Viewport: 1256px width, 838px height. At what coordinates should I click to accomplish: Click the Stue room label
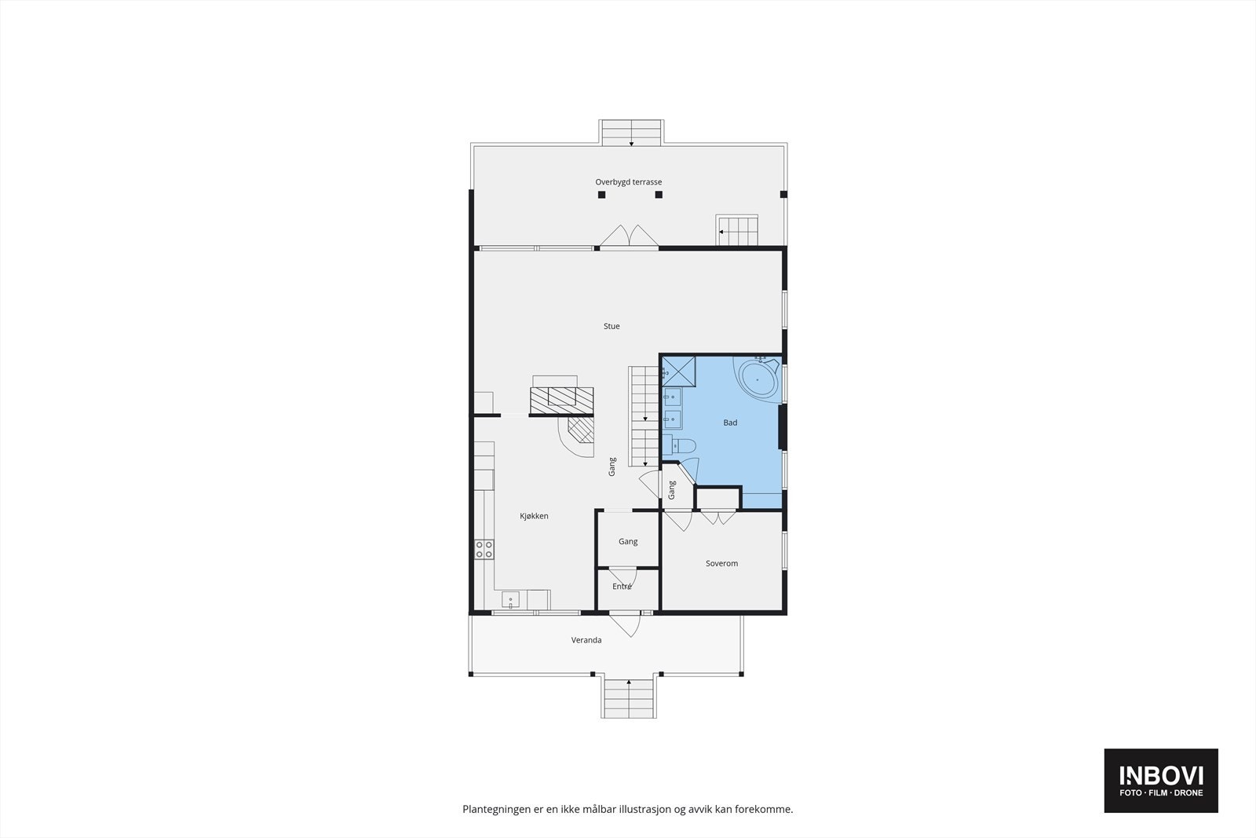[x=612, y=326]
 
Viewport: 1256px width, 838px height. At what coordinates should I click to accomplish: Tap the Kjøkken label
[x=534, y=516]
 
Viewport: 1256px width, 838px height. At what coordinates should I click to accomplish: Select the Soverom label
[x=721, y=563]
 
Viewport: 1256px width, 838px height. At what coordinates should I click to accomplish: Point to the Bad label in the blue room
[x=730, y=423]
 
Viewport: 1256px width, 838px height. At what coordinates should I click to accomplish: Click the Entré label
[x=622, y=586]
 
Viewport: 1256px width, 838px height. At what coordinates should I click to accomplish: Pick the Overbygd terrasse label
[x=628, y=182]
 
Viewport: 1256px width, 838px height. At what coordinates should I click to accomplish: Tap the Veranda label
[x=586, y=640]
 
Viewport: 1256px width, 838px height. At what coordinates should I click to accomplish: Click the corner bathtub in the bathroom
[x=757, y=379]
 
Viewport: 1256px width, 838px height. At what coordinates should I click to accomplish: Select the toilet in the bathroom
[x=681, y=446]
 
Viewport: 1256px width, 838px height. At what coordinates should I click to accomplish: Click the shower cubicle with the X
[x=679, y=372]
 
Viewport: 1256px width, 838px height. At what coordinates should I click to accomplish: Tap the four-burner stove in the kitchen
[x=484, y=549]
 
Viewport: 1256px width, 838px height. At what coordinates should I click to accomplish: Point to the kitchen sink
[x=511, y=601]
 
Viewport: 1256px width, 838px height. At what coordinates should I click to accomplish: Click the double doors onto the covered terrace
[x=629, y=237]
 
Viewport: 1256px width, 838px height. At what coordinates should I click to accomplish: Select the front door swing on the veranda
[x=626, y=624]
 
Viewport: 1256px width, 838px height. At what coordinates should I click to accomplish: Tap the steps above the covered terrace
[x=631, y=132]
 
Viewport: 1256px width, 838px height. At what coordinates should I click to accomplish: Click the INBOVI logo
[x=1161, y=780]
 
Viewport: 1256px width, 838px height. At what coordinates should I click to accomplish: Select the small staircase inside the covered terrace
[x=737, y=231]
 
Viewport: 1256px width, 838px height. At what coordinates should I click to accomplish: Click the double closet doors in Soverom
[x=718, y=518]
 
